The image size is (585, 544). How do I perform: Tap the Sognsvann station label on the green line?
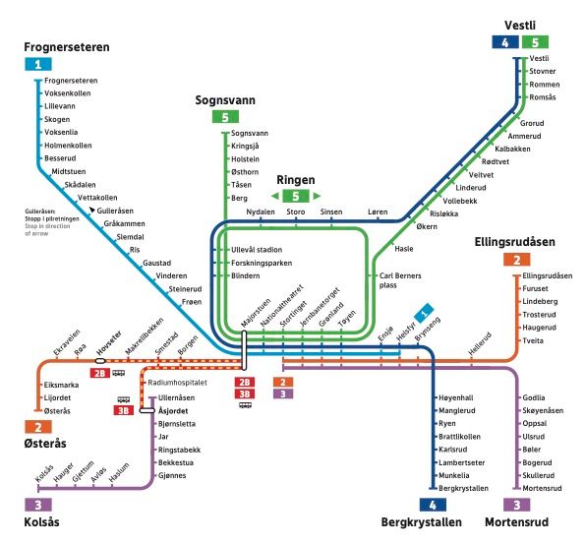pyautogui.click(x=249, y=133)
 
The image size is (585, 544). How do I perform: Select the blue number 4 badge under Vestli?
pyautogui.click(x=505, y=42)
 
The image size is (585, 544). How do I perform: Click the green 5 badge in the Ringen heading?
pyautogui.click(x=295, y=197)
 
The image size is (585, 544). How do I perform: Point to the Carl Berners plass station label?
pyautogui.click(x=398, y=280)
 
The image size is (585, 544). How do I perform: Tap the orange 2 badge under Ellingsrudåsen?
pyautogui.click(x=514, y=261)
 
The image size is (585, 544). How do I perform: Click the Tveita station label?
pyautogui.click(x=534, y=340)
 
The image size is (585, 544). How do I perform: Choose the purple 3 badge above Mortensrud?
pyautogui.click(x=515, y=504)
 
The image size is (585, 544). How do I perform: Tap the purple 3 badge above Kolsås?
pyautogui.click(x=35, y=504)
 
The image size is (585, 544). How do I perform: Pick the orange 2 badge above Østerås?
pyautogui.click(x=35, y=427)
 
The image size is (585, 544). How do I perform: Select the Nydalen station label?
pyautogui.click(x=261, y=212)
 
